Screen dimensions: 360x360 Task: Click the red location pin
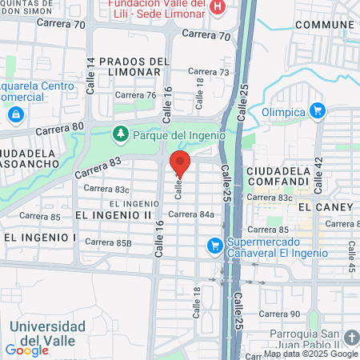pyautogui.click(x=180, y=163)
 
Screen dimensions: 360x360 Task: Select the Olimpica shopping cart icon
pyautogui.click(x=318, y=110)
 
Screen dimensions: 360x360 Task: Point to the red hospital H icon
pyautogui.click(x=217, y=7)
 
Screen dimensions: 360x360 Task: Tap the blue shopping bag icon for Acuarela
pyautogui.click(x=15, y=115)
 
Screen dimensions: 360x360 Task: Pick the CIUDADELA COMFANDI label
pyautogui.click(x=277, y=176)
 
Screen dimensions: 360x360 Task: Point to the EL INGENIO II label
pyautogui.click(x=113, y=215)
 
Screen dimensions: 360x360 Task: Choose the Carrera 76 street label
pyautogui.click(x=134, y=95)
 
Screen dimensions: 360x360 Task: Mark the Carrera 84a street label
pyautogui.click(x=191, y=214)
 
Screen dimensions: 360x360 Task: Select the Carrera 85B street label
pyautogui.click(x=107, y=242)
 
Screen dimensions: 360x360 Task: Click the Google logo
pyautogui.click(x=26, y=350)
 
